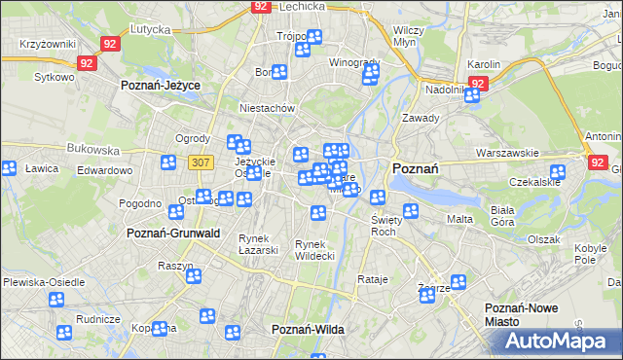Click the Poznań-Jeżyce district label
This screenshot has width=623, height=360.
[161, 86]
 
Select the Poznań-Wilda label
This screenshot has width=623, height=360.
[308, 330]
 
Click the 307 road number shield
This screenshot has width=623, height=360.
[201, 162]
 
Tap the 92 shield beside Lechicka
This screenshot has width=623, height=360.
[260, 6]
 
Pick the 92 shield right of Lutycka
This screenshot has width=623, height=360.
[110, 44]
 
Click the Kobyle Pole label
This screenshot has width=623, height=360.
[584, 254]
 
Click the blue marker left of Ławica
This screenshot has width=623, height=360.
[8, 167]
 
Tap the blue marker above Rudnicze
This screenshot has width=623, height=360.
[64, 332]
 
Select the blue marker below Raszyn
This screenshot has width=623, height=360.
[194, 276]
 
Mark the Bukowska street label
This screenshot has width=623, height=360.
[93, 151]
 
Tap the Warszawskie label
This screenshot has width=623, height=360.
[507, 154]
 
